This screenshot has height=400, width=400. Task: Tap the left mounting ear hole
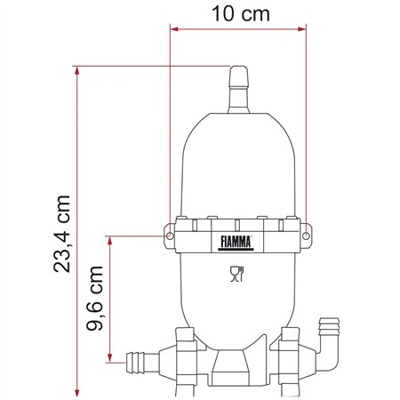[x=166, y=236]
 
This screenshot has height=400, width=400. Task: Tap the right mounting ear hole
[x=307, y=236]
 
